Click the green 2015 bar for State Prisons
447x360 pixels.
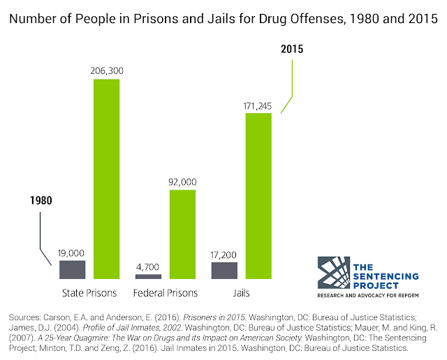(x=107, y=179)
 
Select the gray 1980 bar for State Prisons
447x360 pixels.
(x=72, y=270)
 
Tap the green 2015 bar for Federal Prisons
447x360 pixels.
(x=182, y=234)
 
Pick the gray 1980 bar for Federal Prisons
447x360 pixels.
(x=148, y=276)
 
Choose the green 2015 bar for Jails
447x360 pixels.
(x=258, y=196)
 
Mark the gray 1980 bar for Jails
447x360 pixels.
(x=224, y=271)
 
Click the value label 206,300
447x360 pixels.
(x=107, y=70)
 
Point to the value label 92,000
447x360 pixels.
(x=182, y=182)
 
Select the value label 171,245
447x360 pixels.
(x=258, y=106)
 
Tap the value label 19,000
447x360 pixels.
(x=71, y=253)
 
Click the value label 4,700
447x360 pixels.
(x=147, y=267)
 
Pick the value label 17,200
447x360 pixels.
(x=223, y=255)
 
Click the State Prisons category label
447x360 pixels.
(x=89, y=293)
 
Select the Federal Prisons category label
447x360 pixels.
(x=166, y=293)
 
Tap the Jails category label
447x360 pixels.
(x=241, y=293)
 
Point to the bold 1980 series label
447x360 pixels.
(x=41, y=200)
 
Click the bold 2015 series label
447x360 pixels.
(x=292, y=49)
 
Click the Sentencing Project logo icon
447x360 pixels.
(x=334, y=273)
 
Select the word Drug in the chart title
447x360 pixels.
(x=274, y=19)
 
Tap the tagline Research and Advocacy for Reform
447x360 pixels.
(x=368, y=295)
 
